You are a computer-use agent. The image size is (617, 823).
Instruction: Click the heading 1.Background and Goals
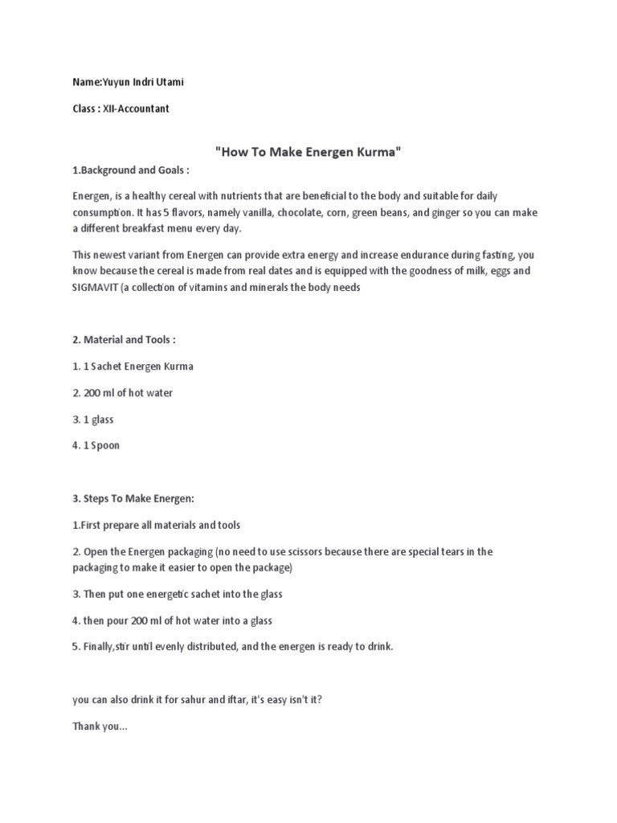[x=131, y=171]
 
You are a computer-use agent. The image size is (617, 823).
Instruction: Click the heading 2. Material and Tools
[x=124, y=340]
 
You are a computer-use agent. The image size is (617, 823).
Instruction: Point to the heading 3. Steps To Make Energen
[x=136, y=498]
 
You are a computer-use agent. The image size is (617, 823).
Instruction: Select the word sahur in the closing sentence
[x=186, y=700]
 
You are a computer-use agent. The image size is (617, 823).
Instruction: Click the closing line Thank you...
[x=100, y=727]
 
